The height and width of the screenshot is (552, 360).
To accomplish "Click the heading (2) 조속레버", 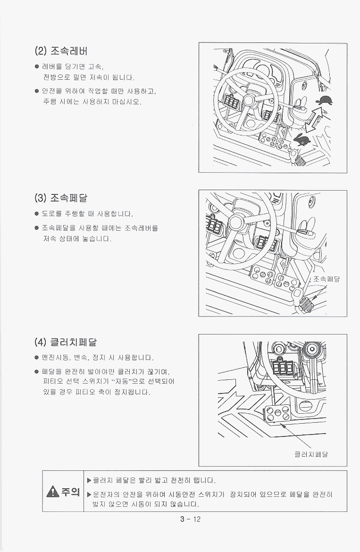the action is (x=61, y=51).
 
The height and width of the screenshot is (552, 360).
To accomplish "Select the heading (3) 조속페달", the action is (x=61, y=198).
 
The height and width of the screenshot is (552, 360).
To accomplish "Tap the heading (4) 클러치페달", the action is (x=66, y=342).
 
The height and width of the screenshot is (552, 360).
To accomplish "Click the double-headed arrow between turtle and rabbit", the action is (x=314, y=120).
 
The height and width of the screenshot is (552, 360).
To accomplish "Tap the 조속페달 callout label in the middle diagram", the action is (x=327, y=279).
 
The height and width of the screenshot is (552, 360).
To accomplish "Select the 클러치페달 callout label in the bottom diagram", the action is (x=311, y=454).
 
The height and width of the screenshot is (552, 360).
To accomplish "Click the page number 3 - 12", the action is (x=191, y=519).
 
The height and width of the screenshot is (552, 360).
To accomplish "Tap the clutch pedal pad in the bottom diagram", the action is (x=277, y=413).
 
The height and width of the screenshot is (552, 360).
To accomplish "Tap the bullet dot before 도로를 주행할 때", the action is (x=37, y=214).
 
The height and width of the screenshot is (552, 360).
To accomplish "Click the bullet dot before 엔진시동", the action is (x=37, y=358).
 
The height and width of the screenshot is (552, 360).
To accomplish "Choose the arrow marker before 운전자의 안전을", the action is (x=89, y=494).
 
